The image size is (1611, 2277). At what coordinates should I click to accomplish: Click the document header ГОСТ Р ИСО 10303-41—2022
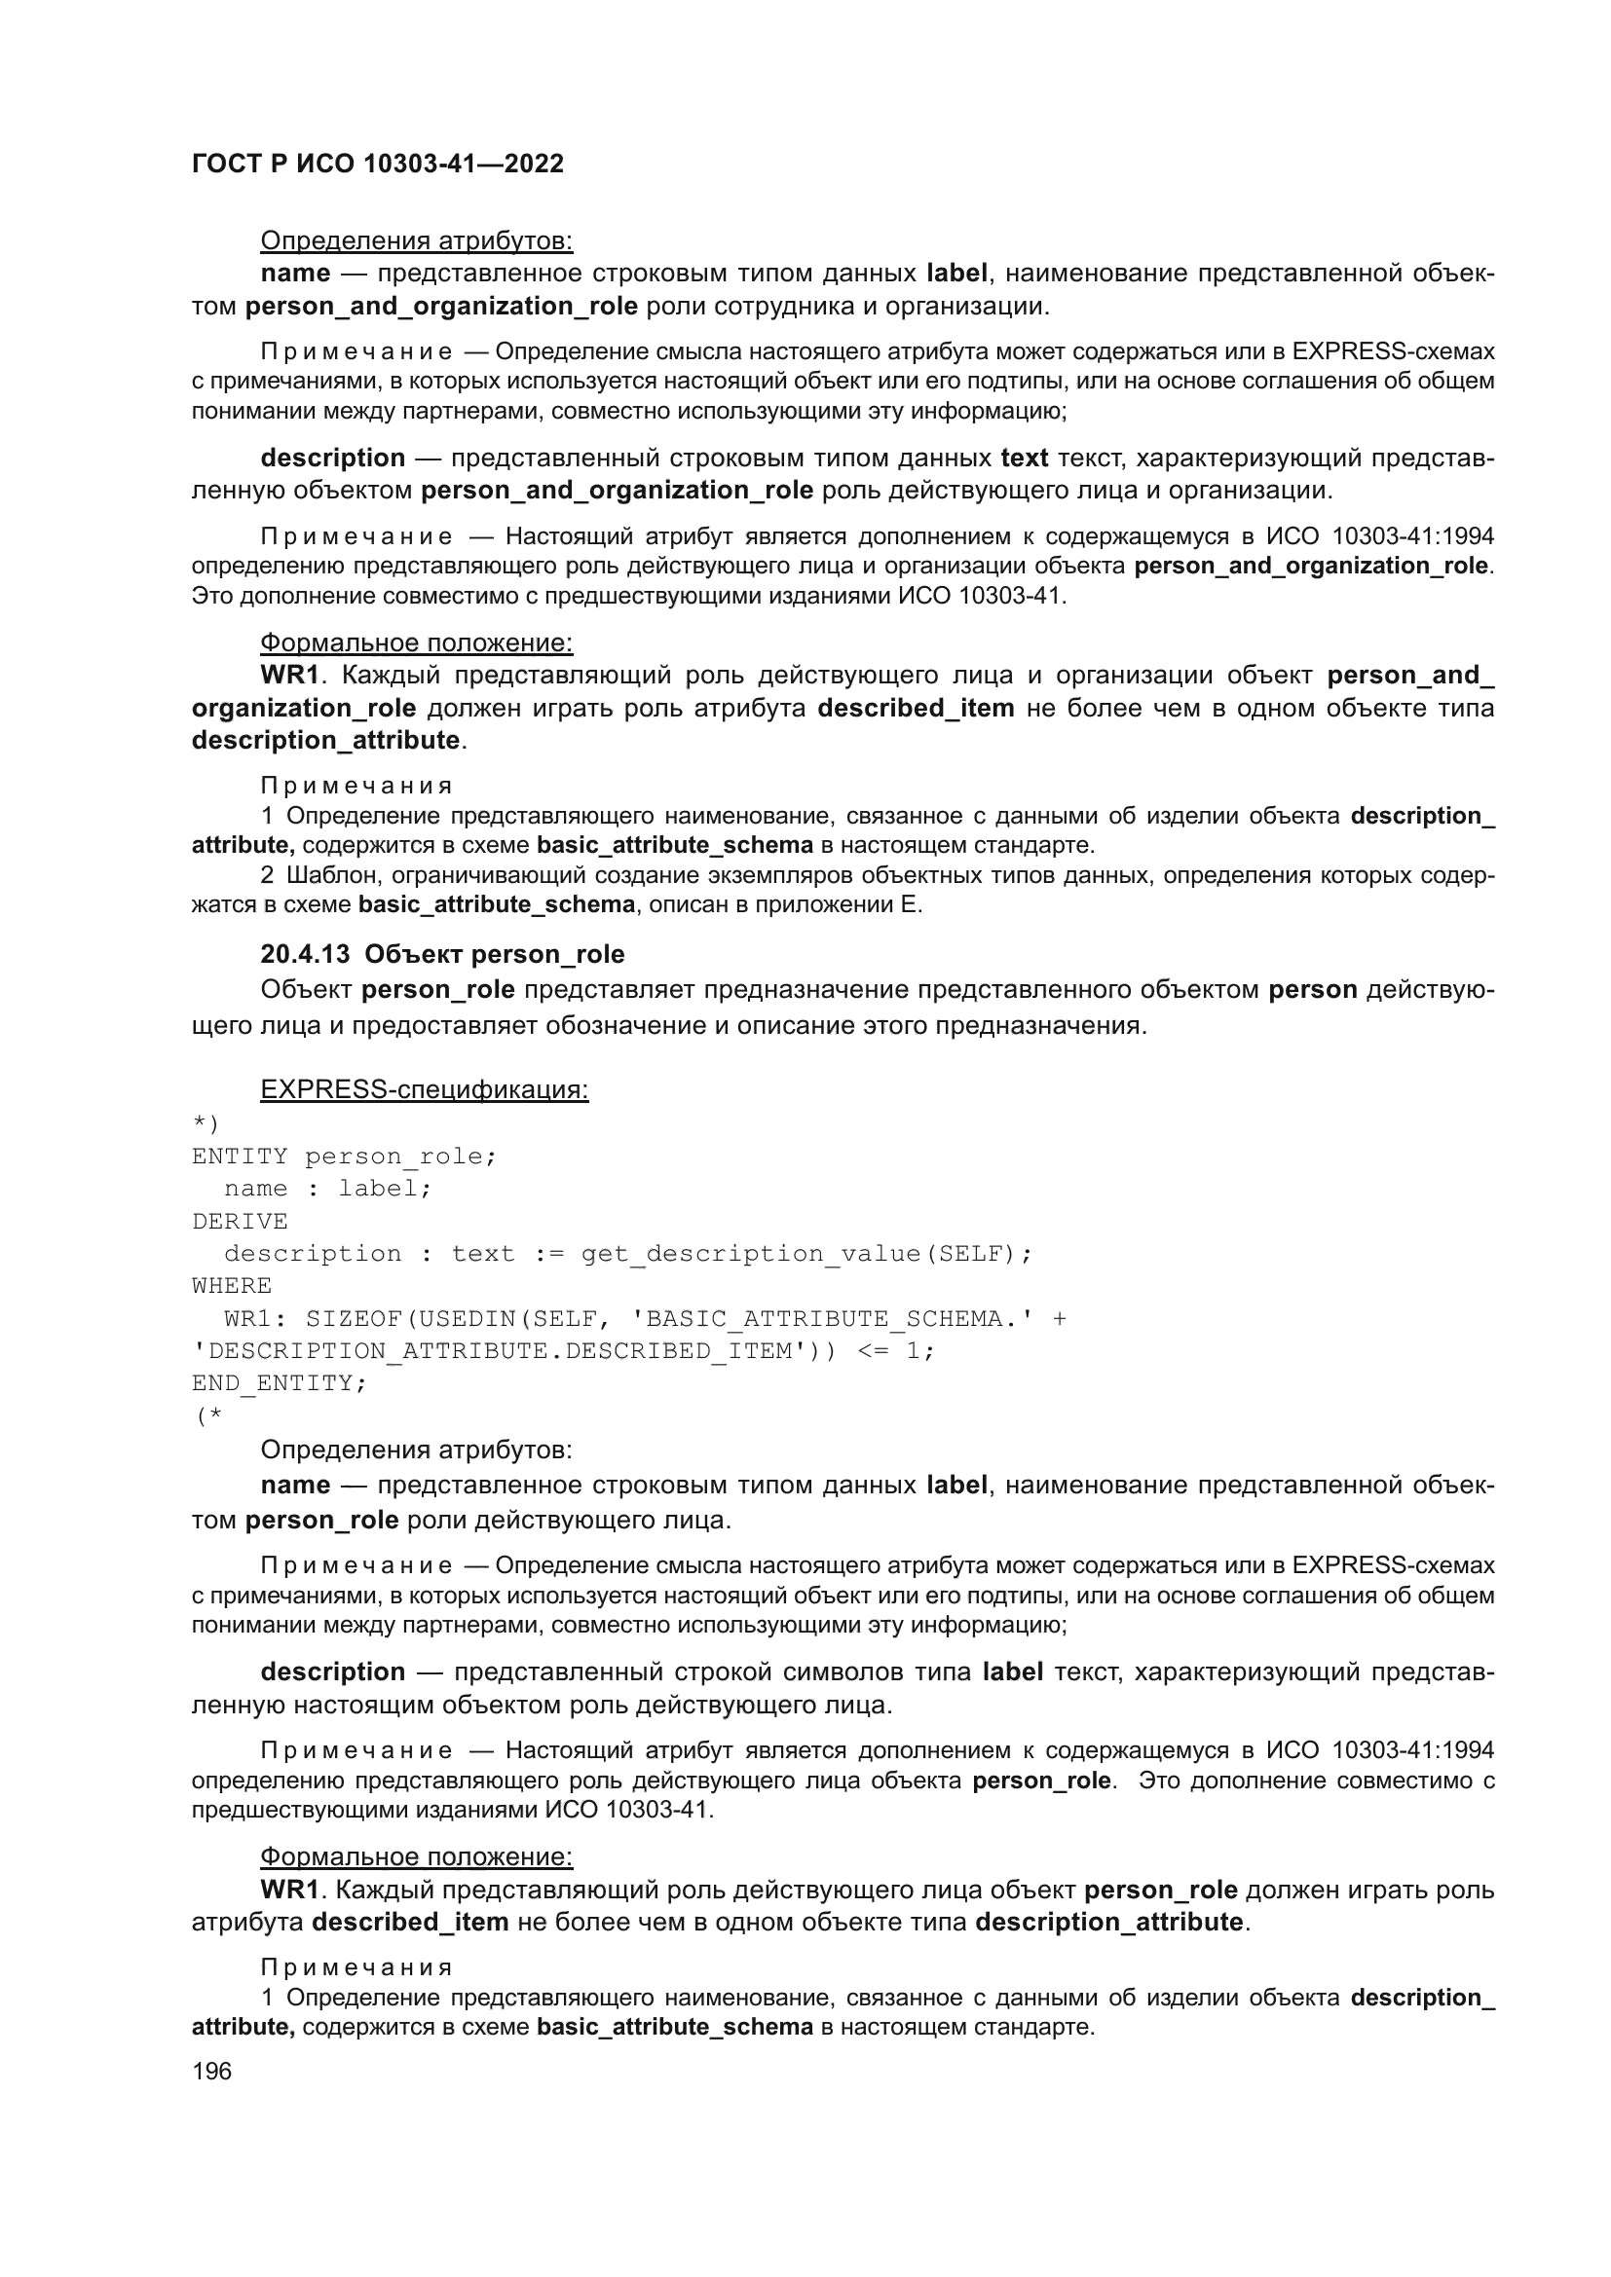point(377,164)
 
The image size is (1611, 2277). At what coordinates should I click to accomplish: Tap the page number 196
point(211,2071)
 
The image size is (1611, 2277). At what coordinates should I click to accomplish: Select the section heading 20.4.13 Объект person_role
point(442,954)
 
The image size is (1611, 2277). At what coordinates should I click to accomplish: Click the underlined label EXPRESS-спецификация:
point(424,1089)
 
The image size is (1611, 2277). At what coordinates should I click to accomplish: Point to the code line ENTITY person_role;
point(344,1157)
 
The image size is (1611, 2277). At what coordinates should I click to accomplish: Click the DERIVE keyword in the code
point(239,1221)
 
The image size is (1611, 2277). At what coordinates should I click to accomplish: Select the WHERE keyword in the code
point(231,1285)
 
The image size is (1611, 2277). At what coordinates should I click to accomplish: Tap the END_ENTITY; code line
point(279,1382)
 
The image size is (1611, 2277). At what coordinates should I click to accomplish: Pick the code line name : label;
point(328,1188)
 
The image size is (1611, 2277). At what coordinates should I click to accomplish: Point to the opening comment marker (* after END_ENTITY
point(208,1416)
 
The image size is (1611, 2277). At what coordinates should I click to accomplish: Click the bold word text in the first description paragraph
point(1024,459)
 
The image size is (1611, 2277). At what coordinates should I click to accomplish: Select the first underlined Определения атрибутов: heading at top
point(416,241)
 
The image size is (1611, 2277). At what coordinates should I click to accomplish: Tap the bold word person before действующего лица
point(1312,990)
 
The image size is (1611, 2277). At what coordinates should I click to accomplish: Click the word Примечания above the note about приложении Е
point(356,786)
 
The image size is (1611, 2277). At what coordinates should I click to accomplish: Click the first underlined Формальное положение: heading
point(416,643)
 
